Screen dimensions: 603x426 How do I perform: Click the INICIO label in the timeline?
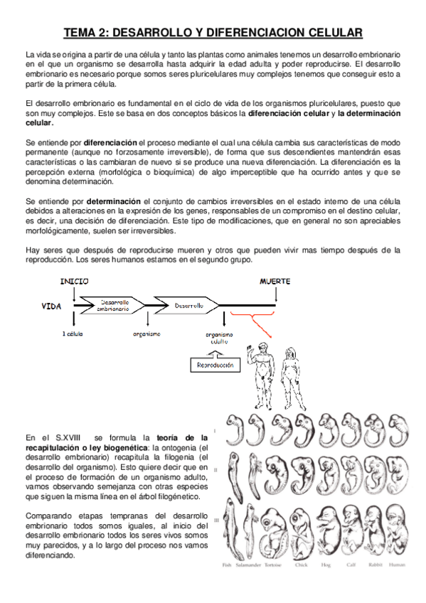[x=74, y=281]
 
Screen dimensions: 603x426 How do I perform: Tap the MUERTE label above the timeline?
[x=275, y=281]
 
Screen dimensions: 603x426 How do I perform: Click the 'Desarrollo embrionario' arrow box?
[x=113, y=305]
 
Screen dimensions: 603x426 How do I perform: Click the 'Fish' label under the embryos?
[x=227, y=565]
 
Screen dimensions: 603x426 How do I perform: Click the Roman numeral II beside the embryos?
[x=226, y=470]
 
